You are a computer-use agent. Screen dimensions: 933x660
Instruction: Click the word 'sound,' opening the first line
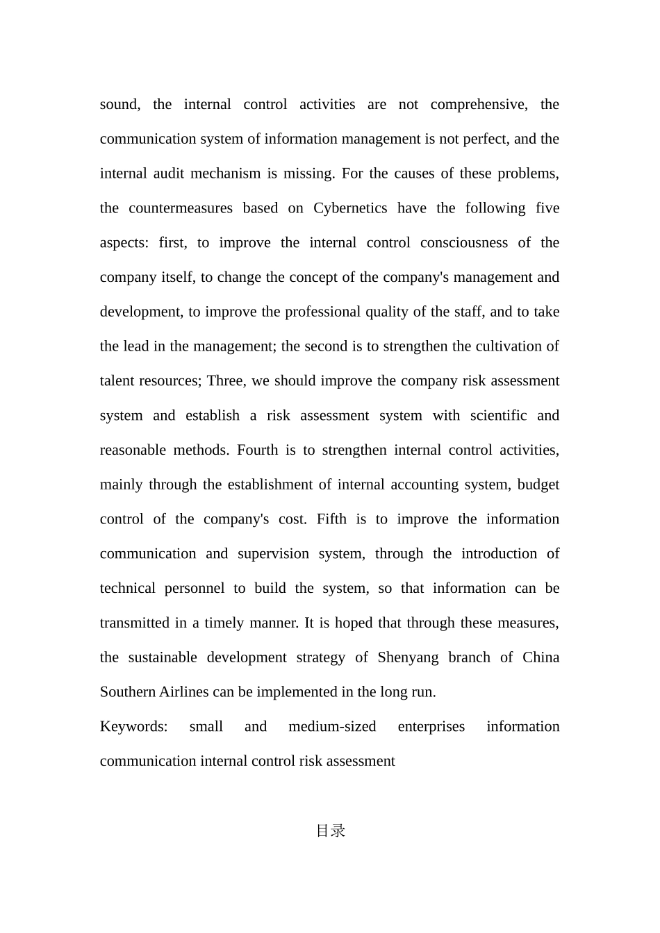click(x=119, y=105)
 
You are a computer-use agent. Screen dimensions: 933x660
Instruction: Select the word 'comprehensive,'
click(x=479, y=105)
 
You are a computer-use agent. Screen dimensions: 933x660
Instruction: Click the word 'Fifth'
click(x=331, y=519)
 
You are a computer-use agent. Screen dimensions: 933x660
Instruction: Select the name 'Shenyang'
click(x=408, y=657)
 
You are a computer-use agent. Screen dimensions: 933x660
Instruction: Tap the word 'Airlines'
click(x=183, y=692)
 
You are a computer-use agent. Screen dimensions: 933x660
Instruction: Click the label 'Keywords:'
click(x=134, y=727)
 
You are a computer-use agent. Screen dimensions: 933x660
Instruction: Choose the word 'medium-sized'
click(x=332, y=727)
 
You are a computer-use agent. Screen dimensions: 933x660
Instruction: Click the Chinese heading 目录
click(x=330, y=831)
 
